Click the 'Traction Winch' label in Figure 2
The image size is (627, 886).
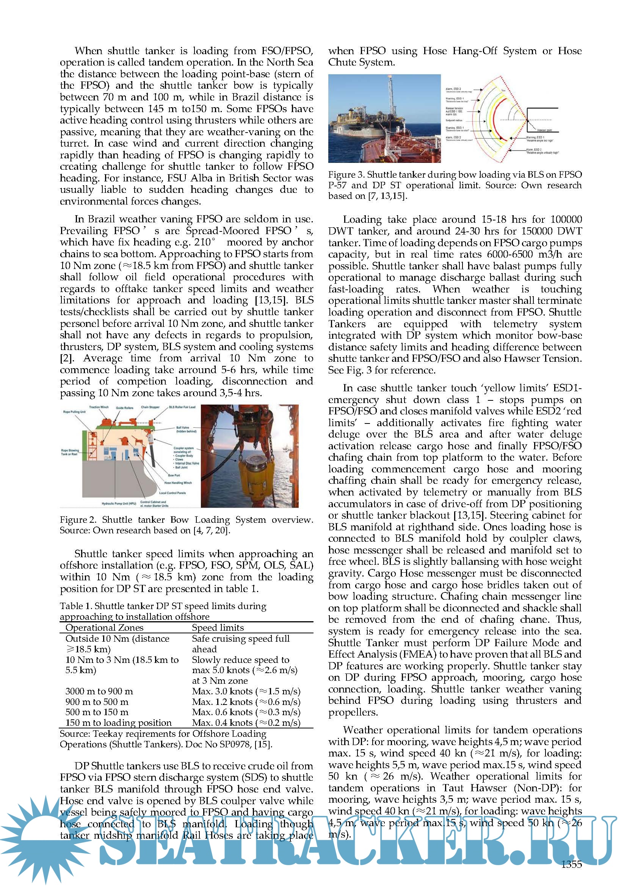tap(99, 407)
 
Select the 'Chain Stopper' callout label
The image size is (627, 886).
tap(150, 407)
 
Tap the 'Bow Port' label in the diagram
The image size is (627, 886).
tap(174, 475)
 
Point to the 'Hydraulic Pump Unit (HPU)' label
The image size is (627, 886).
tap(119, 503)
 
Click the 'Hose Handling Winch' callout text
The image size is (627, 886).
tap(178, 482)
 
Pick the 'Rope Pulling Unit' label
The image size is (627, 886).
tap(75, 412)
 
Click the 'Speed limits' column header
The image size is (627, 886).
tap(218, 627)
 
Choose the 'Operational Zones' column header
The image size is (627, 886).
tap(104, 627)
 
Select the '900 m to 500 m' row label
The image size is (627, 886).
tap(97, 702)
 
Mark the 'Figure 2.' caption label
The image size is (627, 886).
tap(78, 520)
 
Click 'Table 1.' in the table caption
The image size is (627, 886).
tap(76, 606)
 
